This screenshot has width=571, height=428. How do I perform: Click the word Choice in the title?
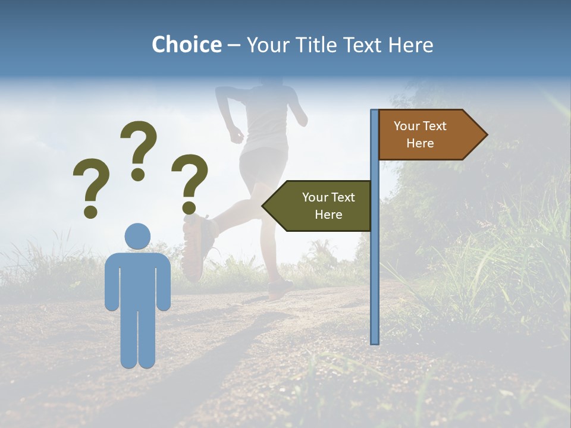(186, 45)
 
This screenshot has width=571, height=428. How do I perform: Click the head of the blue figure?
(137, 236)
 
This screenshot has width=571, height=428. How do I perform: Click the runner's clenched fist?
(237, 134)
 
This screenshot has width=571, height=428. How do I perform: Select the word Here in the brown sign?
(420, 143)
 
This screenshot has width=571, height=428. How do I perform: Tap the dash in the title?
(234, 46)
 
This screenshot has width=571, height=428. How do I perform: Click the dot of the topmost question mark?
(139, 174)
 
